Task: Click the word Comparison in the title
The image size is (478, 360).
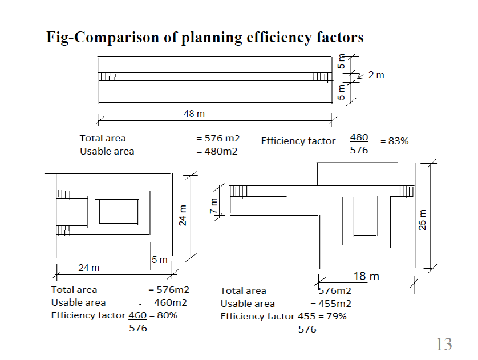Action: click(x=121, y=38)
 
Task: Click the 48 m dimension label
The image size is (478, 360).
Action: click(x=194, y=114)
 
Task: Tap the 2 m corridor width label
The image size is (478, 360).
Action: click(x=376, y=75)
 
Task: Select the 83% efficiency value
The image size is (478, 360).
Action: click(x=397, y=141)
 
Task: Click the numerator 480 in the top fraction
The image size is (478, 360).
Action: click(x=359, y=137)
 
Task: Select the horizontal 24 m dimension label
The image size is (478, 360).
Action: click(x=88, y=267)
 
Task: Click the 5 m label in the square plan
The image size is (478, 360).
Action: click(x=160, y=260)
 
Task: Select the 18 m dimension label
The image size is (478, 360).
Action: click(x=366, y=276)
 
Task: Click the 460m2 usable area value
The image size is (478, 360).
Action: click(x=168, y=303)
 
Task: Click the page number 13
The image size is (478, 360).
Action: click(x=444, y=344)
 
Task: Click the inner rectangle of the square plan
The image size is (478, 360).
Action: click(x=118, y=211)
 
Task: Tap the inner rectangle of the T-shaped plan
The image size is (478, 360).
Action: click(x=366, y=215)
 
